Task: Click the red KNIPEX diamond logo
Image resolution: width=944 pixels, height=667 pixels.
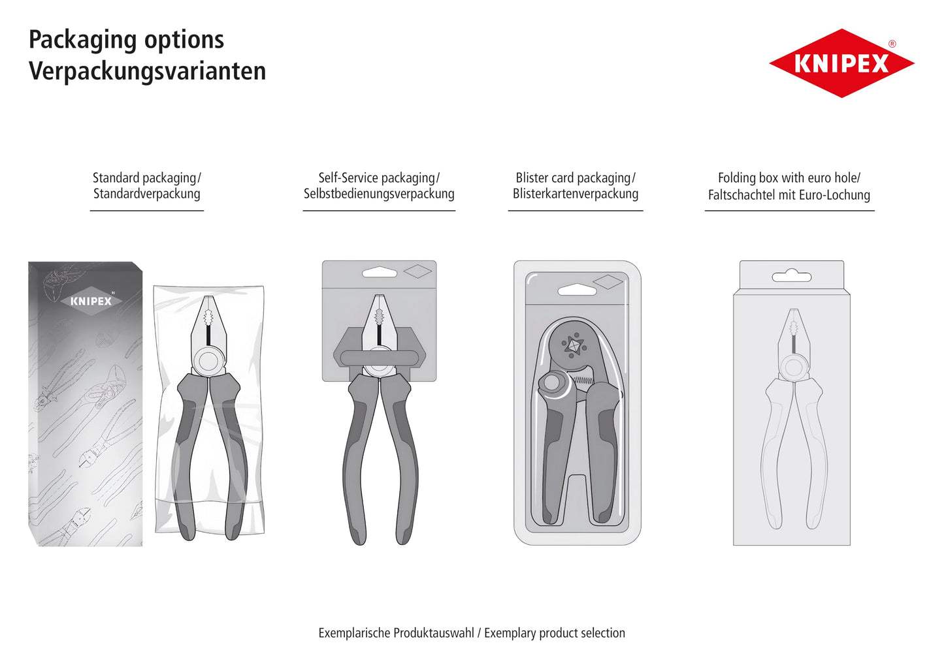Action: coord(841,63)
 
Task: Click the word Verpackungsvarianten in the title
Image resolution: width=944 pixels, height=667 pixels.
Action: coord(148,70)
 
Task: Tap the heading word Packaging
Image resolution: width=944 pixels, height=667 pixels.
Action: coord(82,40)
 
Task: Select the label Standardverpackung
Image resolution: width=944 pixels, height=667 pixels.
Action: coord(146,194)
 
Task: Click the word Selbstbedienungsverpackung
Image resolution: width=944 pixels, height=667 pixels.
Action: coord(379,194)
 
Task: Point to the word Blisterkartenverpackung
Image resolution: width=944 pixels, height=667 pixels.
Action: coord(576,194)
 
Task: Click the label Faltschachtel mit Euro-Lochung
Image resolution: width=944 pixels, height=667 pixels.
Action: coord(789,194)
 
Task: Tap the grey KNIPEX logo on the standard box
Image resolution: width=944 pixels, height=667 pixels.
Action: coord(91,301)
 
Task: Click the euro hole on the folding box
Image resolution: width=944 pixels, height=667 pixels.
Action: coord(791,276)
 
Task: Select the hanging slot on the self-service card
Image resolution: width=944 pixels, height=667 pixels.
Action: coord(380,272)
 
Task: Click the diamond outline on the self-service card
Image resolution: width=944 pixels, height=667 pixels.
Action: coord(417,271)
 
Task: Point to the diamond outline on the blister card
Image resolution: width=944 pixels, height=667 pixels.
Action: coord(608,282)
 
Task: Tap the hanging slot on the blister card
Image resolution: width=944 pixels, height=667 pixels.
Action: coord(577,290)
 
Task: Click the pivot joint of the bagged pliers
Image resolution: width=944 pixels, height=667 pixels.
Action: coord(208,362)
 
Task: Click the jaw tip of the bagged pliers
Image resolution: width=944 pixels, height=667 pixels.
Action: coord(208,298)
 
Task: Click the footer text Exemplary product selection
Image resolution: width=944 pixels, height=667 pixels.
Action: coord(555,633)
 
